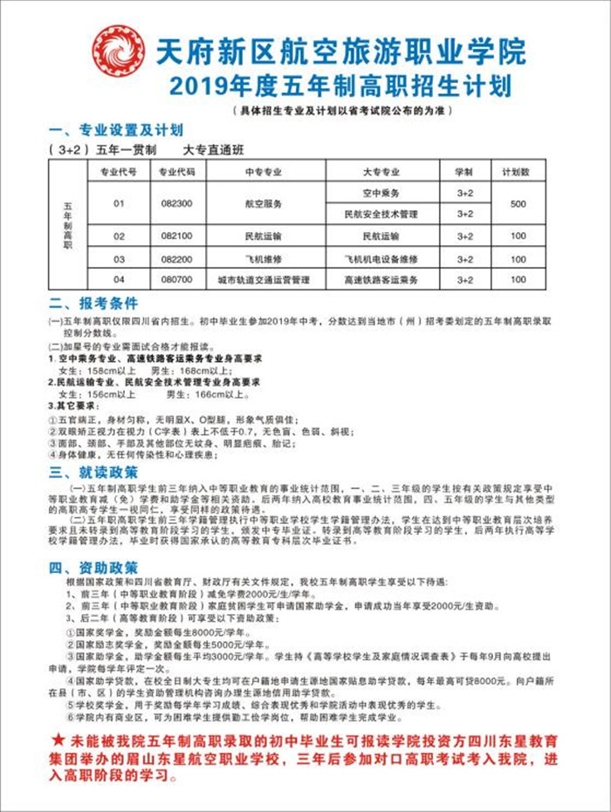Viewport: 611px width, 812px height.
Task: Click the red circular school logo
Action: pyautogui.click(x=118, y=51)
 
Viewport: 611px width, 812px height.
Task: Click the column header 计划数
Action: pyautogui.click(x=518, y=171)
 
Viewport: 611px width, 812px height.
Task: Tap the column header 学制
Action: pyautogui.click(x=464, y=171)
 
